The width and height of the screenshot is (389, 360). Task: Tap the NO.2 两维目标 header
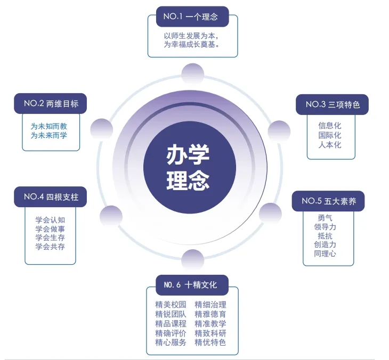(x=50, y=103)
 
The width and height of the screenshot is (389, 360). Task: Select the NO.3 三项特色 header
(x=332, y=104)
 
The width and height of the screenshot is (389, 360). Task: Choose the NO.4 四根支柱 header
(x=50, y=197)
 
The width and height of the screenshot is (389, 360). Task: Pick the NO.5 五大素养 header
(x=328, y=201)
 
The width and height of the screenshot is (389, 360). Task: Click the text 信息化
(x=330, y=126)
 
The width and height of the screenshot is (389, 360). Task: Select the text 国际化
(x=330, y=135)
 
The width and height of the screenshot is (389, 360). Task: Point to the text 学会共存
(x=50, y=247)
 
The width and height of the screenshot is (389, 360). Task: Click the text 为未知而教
(x=48, y=126)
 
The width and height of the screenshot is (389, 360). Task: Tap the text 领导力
(x=325, y=226)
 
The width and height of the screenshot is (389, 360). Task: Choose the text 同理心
(x=325, y=253)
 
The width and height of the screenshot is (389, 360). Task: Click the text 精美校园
(x=171, y=305)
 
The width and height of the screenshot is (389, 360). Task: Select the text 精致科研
(x=210, y=333)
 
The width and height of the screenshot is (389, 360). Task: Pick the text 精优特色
(x=210, y=342)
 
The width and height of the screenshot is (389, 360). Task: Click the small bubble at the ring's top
(x=192, y=74)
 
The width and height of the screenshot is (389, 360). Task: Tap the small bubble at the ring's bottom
(x=192, y=260)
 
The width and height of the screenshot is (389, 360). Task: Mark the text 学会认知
(x=50, y=219)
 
